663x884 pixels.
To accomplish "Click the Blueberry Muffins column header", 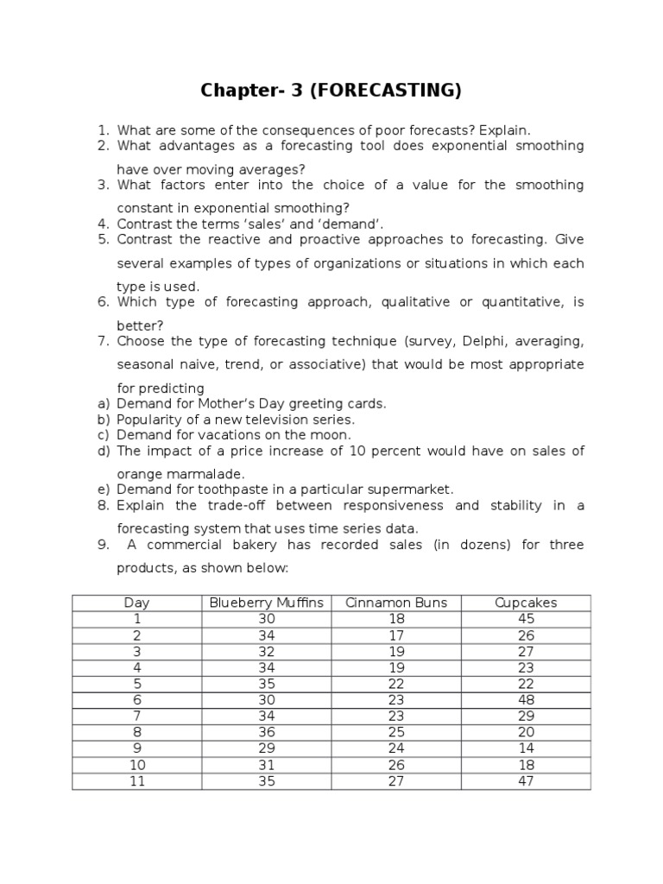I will [267, 603].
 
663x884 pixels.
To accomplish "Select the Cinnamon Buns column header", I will [396, 603].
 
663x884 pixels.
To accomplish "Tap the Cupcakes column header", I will [526, 603].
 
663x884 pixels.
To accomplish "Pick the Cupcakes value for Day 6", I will [526, 700].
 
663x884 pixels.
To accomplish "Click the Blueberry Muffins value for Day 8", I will [267, 732].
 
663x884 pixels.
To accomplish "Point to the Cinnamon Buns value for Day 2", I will [396, 635].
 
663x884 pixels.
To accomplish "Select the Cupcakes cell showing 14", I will [526, 748].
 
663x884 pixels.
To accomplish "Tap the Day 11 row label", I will [136, 781].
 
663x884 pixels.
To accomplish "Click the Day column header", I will [136, 603].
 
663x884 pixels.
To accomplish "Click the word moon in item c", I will [331, 435].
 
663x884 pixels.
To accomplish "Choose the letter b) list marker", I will [103, 420].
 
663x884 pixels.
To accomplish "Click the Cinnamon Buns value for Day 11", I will [396, 781].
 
